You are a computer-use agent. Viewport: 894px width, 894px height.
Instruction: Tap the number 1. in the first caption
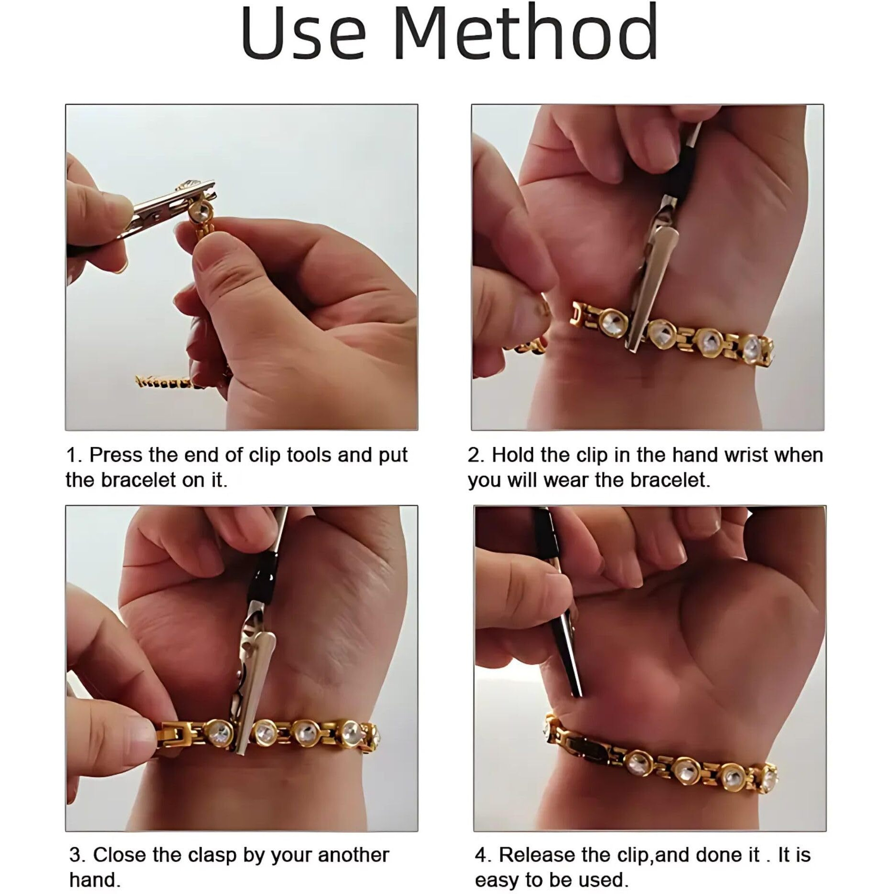(x=74, y=455)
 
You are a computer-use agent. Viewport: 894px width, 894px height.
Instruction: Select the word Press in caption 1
(x=117, y=455)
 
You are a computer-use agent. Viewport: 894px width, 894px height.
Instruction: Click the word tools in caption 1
(x=309, y=455)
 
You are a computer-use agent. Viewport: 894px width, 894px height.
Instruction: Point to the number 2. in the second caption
(x=476, y=455)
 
